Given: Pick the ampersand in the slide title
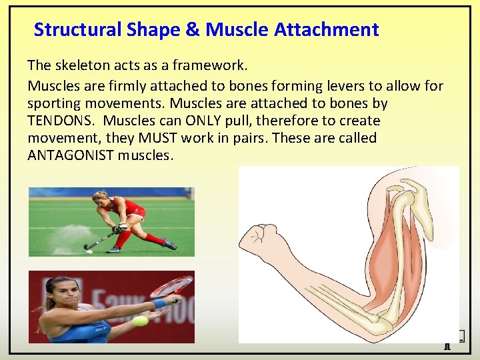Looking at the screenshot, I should click(x=193, y=29).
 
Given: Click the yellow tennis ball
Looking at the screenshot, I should click(x=140, y=321).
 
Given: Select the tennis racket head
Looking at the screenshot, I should click(x=171, y=288).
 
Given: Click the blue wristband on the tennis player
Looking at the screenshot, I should click(x=158, y=303).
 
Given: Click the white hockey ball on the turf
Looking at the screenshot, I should click(x=89, y=251).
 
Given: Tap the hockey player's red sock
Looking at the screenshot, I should click(x=154, y=237).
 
